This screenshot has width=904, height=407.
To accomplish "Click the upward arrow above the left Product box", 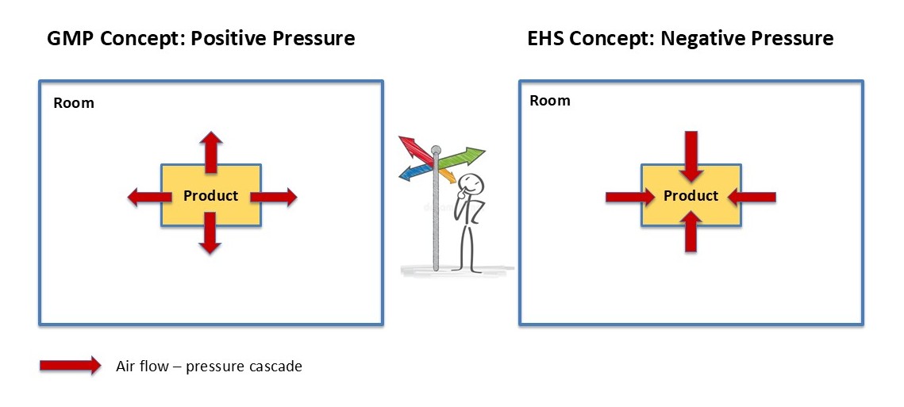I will [210, 152].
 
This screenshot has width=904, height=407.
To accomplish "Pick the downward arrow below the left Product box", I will [210, 236].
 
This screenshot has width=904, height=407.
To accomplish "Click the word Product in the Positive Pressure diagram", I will [210, 196].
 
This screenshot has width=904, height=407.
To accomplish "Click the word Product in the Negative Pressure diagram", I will [691, 196].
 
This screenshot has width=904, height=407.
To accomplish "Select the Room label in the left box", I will [73, 103].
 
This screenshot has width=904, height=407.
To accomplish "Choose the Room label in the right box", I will [549, 101].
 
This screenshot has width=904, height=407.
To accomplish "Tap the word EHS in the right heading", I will [547, 38].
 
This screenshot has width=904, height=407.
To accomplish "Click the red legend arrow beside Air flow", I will [70, 366].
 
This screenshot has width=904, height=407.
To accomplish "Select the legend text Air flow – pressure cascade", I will [209, 367].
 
